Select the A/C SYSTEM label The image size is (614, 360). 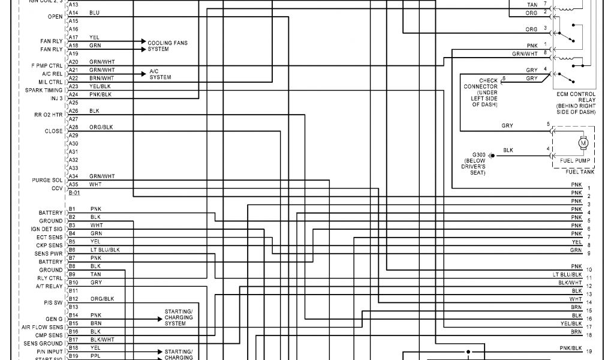(x=160, y=74)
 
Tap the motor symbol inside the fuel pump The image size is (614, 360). (x=583, y=143)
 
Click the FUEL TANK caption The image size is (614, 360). (x=579, y=172)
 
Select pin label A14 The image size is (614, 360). (x=73, y=13)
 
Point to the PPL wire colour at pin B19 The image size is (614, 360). (x=95, y=356)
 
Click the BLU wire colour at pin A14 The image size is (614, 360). (x=95, y=13)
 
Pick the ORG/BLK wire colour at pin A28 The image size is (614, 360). (x=101, y=127)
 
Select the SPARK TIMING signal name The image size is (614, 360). (x=44, y=90)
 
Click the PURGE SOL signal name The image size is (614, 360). (x=47, y=180)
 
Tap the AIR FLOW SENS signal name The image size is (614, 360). (x=42, y=327)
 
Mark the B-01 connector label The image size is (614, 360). (x=74, y=193)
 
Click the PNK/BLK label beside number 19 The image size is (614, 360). (x=571, y=348)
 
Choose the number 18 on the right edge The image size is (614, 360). (x=589, y=335)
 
